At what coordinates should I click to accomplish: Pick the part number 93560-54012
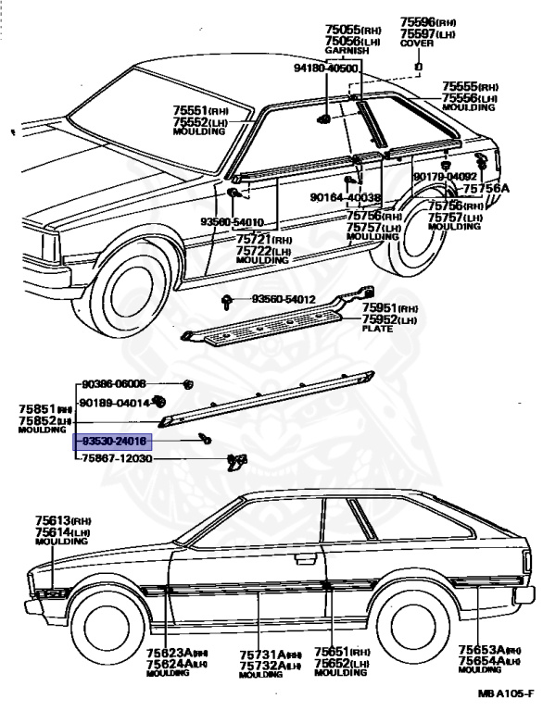[x=284, y=299]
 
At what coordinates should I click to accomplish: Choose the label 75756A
[x=486, y=189]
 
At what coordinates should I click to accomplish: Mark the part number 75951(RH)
[x=390, y=307]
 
